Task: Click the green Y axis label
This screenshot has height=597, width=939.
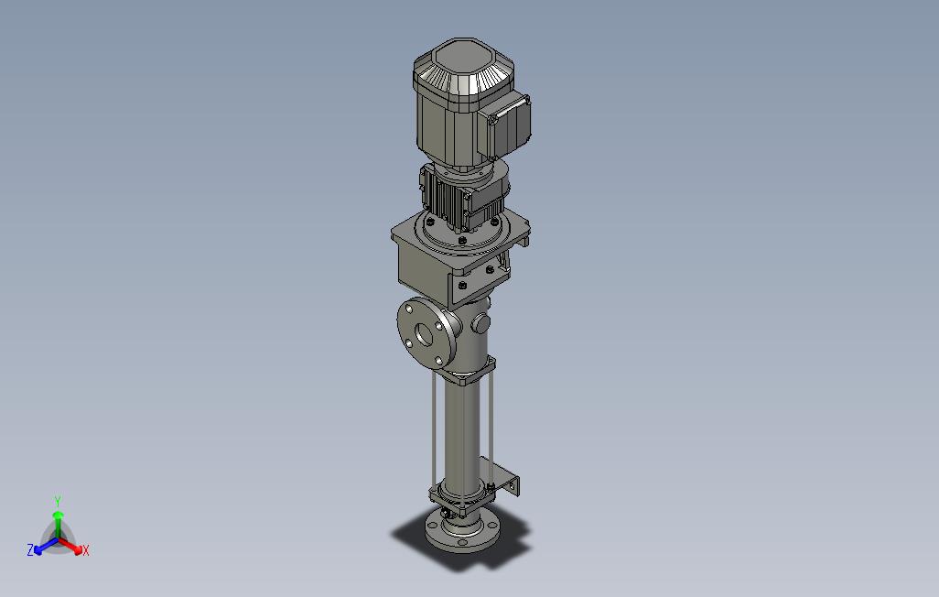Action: click(58, 501)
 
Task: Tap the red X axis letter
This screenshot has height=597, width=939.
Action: click(86, 550)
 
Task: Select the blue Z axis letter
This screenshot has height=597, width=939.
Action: click(30, 549)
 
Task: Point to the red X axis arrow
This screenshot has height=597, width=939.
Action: click(71, 546)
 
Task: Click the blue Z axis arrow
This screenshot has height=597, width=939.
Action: click(46, 546)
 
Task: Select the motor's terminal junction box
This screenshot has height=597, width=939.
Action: click(504, 124)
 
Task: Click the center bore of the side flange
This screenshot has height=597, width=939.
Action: click(424, 334)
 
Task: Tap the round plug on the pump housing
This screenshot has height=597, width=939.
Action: click(480, 323)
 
